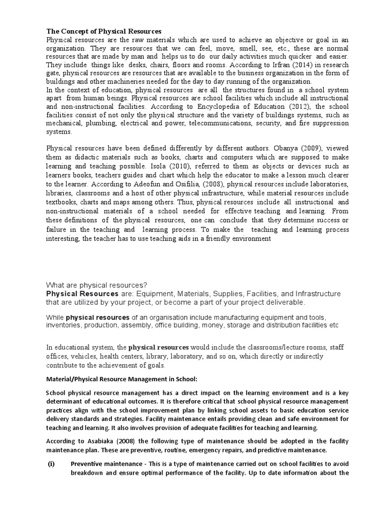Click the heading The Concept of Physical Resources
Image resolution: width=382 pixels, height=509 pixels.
click(x=104, y=31)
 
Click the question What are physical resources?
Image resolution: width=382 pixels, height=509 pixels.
click(x=96, y=285)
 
